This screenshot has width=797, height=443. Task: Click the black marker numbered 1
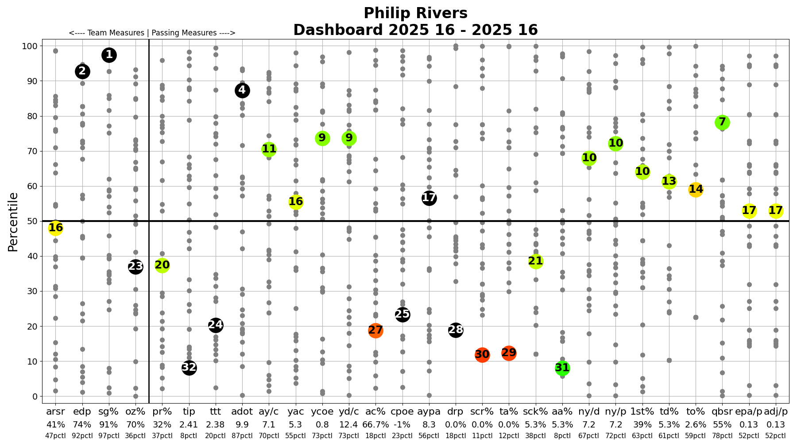click(109, 55)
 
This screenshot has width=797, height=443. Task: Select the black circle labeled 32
click(189, 367)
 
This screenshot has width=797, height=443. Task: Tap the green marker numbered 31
click(562, 368)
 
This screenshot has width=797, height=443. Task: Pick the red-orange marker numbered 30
click(482, 354)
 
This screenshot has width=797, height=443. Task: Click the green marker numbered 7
click(722, 122)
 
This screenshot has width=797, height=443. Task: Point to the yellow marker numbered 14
click(696, 190)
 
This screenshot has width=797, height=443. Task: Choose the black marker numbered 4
click(242, 90)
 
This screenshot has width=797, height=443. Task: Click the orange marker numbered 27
click(375, 330)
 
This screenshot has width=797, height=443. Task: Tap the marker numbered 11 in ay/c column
click(269, 149)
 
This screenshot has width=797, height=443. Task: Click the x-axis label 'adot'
click(242, 412)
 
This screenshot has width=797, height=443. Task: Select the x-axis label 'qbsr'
click(722, 412)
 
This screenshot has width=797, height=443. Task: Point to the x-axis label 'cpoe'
click(402, 412)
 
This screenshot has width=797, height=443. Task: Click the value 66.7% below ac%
click(375, 424)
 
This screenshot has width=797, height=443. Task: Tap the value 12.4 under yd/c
click(349, 424)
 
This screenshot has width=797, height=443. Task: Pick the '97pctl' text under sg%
click(109, 436)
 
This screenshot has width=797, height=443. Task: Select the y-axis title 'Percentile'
click(13, 222)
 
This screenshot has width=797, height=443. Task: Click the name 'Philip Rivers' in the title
click(415, 13)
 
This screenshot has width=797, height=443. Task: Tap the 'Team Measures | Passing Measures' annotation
click(152, 33)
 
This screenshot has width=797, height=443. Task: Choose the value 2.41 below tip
click(189, 424)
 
